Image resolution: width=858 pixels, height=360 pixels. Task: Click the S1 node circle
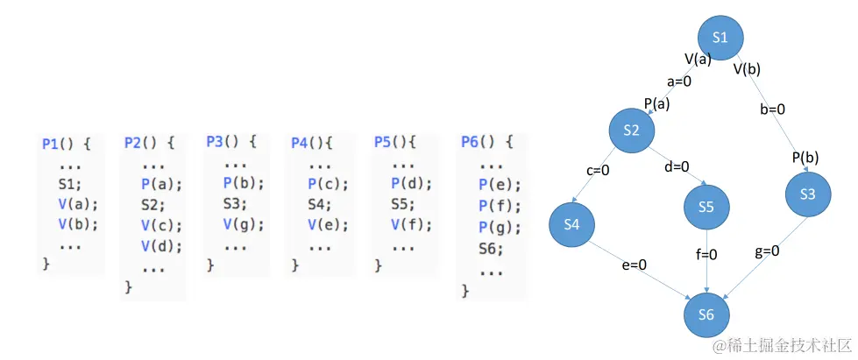pyautogui.click(x=720, y=38)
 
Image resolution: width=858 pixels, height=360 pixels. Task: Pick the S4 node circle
pyautogui.click(x=572, y=224)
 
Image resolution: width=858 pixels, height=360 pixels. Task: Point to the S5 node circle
pyautogui.click(x=707, y=207)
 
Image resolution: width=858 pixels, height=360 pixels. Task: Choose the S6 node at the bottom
pyautogui.click(x=707, y=315)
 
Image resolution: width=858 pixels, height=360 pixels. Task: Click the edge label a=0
pyautogui.click(x=679, y=81)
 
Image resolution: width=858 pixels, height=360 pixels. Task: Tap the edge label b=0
pyautogui.click(x=771, y=109)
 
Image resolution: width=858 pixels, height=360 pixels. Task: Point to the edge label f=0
pyautogui.click(x=706, y=255)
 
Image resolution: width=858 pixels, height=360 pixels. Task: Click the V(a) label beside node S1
pyautogui.click(x=698, y=59)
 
